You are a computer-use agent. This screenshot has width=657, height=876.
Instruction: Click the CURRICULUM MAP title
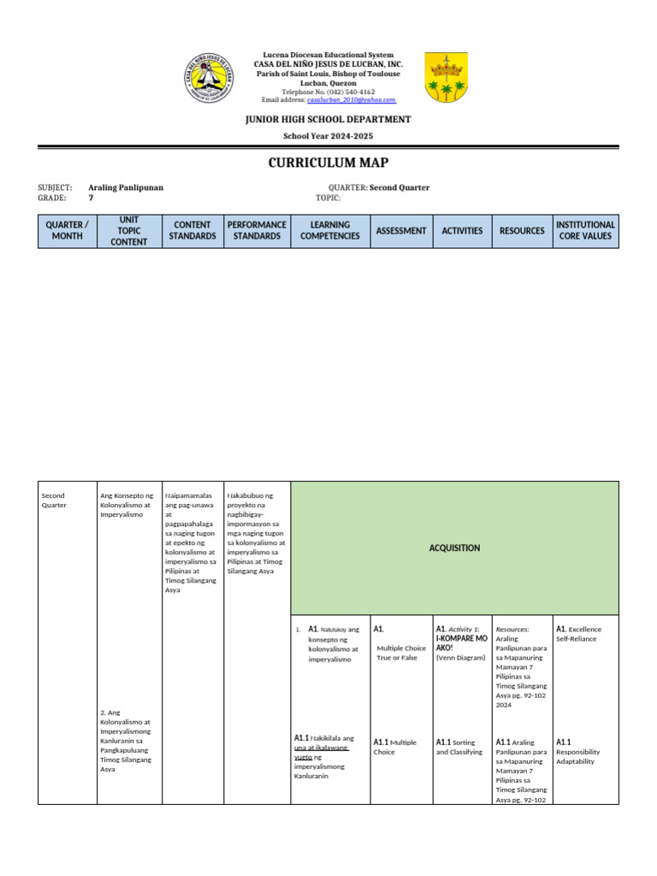[328, 163]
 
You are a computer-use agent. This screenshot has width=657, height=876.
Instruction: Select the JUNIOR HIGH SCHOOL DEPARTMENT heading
[328, 120]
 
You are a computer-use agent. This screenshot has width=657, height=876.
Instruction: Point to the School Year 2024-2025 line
[328, 137]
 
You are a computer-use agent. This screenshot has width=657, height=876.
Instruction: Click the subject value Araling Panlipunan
[126, 187]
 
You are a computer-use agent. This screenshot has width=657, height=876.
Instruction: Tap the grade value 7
[92, 198]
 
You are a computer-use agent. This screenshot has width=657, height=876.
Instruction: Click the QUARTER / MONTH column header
[67, 231]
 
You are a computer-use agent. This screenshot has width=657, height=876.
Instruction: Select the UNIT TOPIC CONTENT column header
[129, 231]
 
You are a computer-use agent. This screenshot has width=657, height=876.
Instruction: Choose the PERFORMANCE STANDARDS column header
[257, 231]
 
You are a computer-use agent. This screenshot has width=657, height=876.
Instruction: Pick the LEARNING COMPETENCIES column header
[330, 231]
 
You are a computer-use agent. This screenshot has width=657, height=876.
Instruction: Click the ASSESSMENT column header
[401, 231]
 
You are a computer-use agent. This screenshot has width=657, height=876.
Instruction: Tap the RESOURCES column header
[522, 231]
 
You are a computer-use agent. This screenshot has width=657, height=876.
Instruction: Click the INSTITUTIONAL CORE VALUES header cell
[585, 231]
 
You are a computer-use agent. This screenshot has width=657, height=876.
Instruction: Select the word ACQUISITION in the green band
[454, 548]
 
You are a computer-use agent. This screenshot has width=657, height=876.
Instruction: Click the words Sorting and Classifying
[459, 747]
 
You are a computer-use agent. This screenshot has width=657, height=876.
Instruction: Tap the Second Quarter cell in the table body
[54, 500]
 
